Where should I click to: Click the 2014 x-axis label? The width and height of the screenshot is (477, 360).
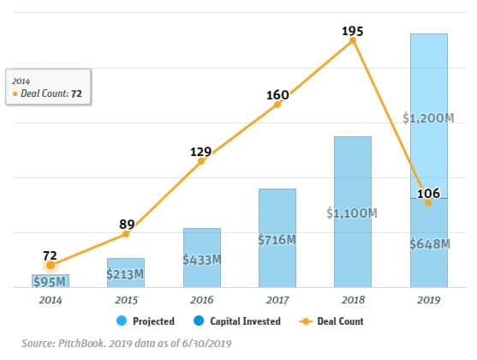pos(51,299)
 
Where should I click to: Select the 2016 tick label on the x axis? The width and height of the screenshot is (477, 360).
pos(201,299)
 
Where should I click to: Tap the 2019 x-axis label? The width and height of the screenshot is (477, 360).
pos(428,299)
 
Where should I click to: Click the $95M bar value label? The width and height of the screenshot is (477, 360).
pos(51,282)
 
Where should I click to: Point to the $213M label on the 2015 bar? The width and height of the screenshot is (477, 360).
pos(126,273)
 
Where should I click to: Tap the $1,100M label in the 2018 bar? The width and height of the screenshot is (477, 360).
pos(352,211)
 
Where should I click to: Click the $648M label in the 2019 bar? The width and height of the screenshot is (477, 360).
pos(428,244)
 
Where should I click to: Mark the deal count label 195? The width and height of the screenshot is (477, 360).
pos(352,32)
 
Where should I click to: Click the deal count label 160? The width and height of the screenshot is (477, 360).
pos(277,95)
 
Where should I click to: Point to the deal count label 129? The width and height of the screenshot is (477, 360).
pos(201,153)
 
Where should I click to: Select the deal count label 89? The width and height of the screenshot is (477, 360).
pos(126,225)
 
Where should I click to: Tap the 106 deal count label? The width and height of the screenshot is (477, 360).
pos(428,194)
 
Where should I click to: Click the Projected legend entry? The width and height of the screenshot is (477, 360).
pos(149,321)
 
